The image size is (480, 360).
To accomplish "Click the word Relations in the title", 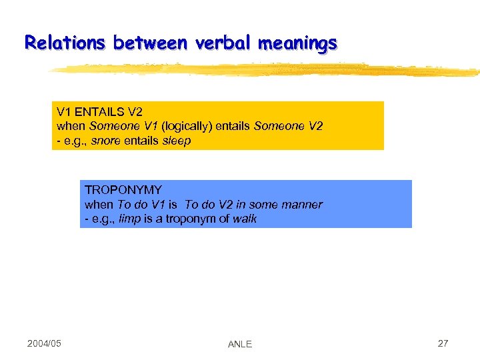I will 65,43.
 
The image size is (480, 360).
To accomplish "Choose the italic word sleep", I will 177,141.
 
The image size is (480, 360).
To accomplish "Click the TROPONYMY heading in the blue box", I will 123,191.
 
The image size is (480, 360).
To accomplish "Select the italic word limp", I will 129,219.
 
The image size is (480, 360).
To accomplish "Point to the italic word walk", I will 244,219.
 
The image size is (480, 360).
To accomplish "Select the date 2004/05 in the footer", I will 44,343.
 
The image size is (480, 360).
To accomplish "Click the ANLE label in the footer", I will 240,344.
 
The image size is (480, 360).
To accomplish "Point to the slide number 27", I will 443,343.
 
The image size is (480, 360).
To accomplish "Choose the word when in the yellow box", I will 71,126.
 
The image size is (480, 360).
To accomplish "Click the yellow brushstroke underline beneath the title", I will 267,69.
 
